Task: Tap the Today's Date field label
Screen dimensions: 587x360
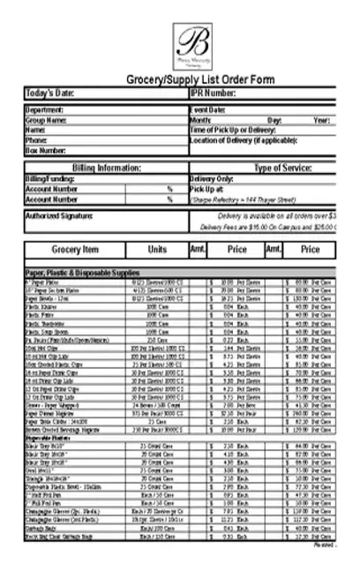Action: click(x=51, y=93)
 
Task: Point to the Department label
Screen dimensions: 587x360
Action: click(x=45, y=109)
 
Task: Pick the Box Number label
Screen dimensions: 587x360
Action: click(x=46, y=150)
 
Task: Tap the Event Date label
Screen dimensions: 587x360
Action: click(x=208, y=109)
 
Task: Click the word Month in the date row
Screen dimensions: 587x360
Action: click(x=200, y=119)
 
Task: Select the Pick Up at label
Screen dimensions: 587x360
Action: click(x=206, y=188)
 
